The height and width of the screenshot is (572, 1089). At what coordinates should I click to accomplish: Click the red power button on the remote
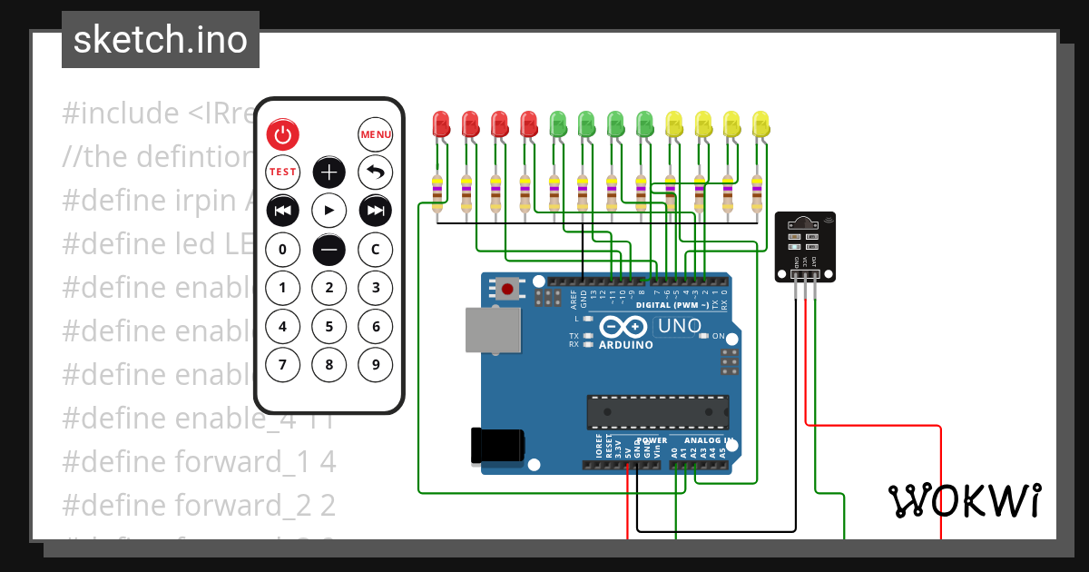click(282, 135)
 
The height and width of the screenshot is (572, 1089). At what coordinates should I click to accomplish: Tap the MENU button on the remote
click(376, 135)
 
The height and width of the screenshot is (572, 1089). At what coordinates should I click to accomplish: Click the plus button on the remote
click(329, 172)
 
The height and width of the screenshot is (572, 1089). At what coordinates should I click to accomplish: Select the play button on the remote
click(329, 211)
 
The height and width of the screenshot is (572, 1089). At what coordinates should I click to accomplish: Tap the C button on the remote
click(376, 249)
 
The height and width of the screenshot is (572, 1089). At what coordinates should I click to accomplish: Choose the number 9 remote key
click(376, 365)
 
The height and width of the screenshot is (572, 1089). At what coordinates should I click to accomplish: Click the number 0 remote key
click(282, 249)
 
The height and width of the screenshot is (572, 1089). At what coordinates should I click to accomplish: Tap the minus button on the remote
click(329, 249)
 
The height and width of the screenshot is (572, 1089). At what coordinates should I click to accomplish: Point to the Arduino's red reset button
click(507, 291)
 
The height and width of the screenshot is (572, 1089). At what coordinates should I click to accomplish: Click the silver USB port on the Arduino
click(493, 329)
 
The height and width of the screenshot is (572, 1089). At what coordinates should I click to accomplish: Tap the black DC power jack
click(497, 445)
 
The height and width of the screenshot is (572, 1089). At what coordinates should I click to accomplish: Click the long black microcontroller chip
click(657, 411)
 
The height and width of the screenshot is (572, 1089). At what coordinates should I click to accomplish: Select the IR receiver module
click(805, 246)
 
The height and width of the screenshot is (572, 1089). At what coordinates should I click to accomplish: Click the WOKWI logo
click(964, 500)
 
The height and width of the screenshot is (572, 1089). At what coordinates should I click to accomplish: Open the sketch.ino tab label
click(161, 40)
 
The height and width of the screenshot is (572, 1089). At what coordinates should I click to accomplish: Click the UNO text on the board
click(679, 326)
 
